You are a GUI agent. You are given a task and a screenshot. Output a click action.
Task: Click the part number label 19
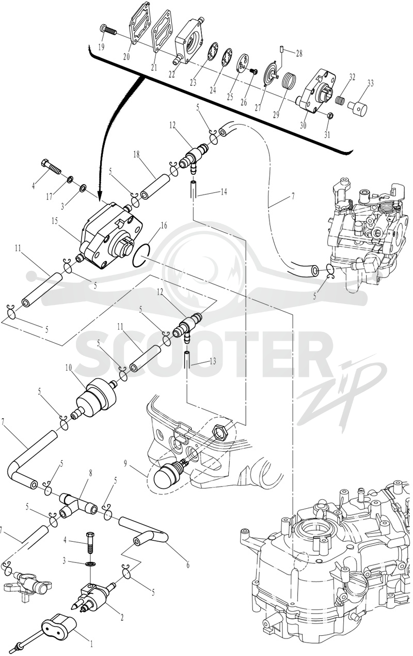coord(102,47)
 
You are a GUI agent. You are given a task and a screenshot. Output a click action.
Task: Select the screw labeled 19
coord(108,29)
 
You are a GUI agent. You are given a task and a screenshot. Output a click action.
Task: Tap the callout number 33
coord(371,83)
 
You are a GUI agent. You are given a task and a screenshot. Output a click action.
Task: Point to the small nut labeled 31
coord(328,115)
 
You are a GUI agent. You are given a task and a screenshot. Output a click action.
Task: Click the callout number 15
coord(55,221)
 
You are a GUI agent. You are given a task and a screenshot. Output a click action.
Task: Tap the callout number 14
coord(224,192)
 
